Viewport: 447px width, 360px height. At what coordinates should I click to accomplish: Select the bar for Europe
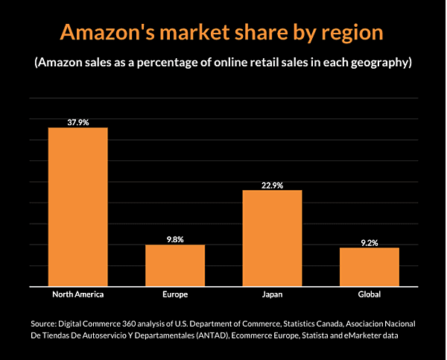(175, 265)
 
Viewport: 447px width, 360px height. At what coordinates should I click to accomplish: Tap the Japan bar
(272, 238)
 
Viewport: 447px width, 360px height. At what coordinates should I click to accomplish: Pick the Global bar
(370, 266)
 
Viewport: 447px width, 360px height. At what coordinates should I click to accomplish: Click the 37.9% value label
(77, 121)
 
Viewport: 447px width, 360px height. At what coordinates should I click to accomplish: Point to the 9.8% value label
(175, 239)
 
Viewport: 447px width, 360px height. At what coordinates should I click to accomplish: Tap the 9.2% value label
(370, 242)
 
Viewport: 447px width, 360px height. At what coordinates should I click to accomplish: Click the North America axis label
(78, 294)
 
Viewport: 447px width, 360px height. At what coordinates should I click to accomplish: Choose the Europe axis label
(175, 294)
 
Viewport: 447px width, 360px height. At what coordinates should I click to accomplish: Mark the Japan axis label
(272, 294)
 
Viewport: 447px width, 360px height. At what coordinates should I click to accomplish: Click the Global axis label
(370, 294)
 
